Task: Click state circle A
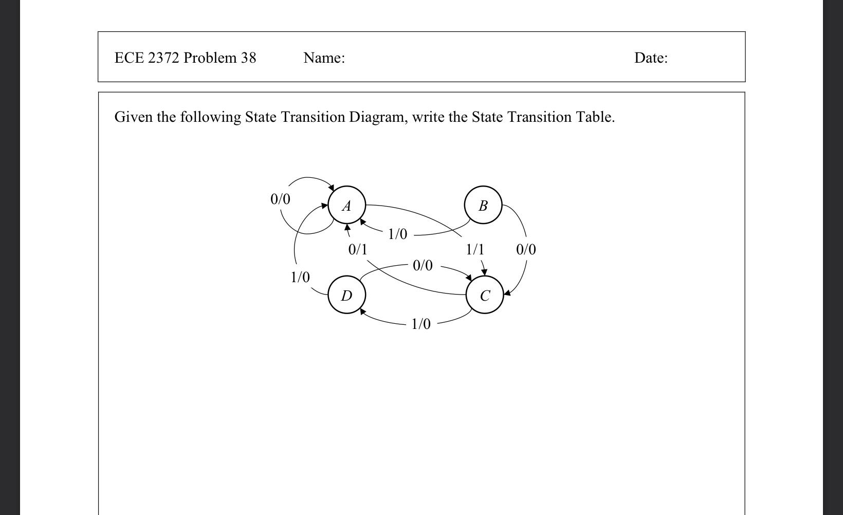346,206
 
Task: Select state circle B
483,206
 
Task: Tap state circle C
484,295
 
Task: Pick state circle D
346,295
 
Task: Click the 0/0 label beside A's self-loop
280,199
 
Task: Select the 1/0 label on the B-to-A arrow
397,234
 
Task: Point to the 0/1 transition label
358,250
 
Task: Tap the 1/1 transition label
475,250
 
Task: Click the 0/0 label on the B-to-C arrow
526,250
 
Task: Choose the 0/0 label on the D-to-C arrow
423,266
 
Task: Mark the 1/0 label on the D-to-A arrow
300,278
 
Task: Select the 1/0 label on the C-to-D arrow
420,324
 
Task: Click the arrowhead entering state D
363,311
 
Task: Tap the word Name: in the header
324,58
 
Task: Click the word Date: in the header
651,58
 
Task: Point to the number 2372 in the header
163,58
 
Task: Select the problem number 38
248,58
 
